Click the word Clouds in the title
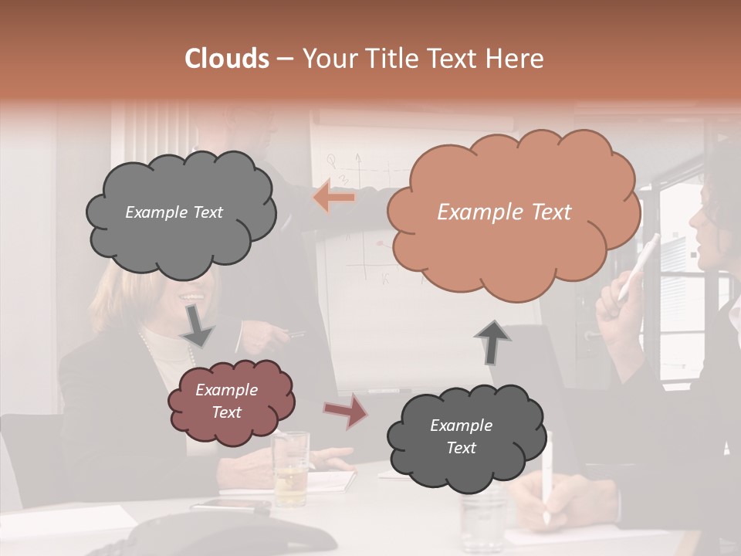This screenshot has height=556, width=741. [x=227, y=59]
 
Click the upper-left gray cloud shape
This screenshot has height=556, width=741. [x=181, y=213]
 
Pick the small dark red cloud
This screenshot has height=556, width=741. [x=231, y=401]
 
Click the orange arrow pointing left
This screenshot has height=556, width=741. [x=334, y=198]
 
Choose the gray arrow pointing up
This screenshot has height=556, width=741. [x=492, y=342]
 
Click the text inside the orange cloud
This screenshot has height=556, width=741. [x=504, y=212]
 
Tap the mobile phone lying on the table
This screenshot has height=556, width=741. [x=231, y=506]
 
